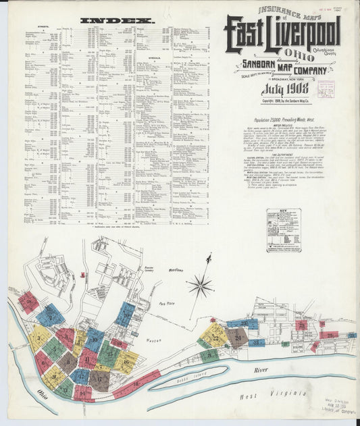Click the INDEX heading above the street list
(x=117, y=21)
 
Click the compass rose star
(x=201, y=286)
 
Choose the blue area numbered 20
(x=126, y=314)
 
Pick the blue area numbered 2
(x=49, y=315)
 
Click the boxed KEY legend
(x=283, y=230)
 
